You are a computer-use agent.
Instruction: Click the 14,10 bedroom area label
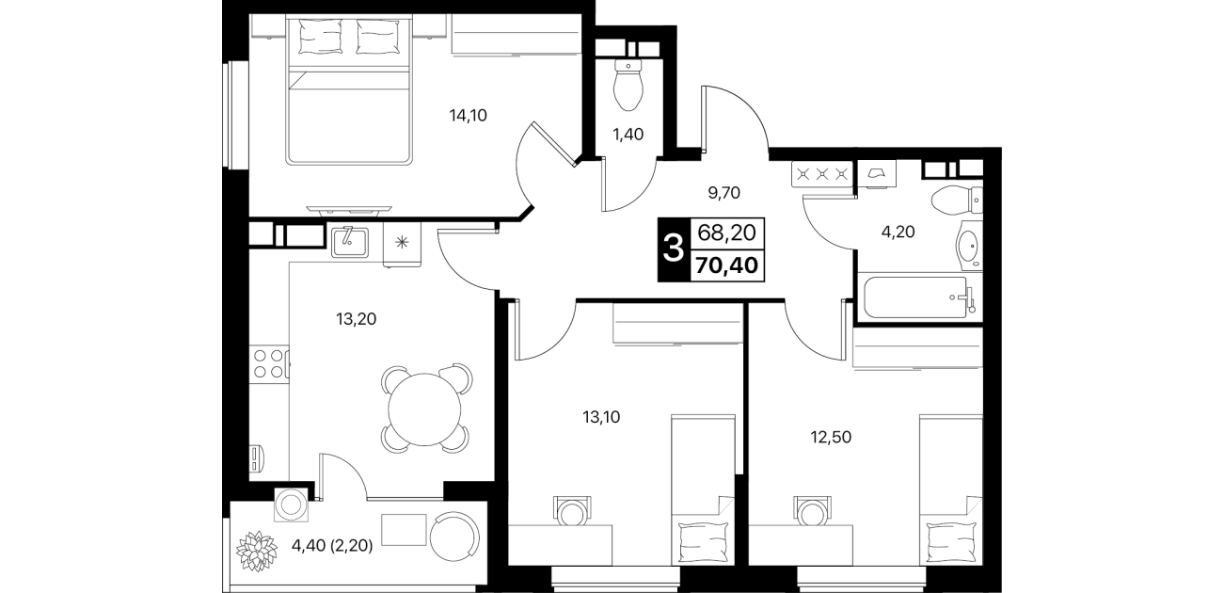(468, 116)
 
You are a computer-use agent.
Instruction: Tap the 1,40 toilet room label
(628, 135)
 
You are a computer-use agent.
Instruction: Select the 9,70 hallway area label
(724, 193)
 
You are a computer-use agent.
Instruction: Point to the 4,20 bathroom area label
(898, 232)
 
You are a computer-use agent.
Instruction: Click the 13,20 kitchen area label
(357, 319)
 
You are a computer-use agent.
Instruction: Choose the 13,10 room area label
(601, 418)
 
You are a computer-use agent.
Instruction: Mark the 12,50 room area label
(831, 438)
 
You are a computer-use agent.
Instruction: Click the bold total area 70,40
(726, 265)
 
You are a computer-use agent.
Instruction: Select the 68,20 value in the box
(726, 233)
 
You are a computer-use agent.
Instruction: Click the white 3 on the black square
(674, 248)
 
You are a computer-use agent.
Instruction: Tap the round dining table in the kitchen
(424, 409)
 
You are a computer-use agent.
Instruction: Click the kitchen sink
(350, 243)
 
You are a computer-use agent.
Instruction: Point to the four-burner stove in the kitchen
(269, 363)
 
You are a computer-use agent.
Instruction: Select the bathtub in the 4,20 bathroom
(916, 297)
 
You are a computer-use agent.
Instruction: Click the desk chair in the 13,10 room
(572, 511)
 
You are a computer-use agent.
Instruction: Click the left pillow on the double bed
(321, 36)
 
